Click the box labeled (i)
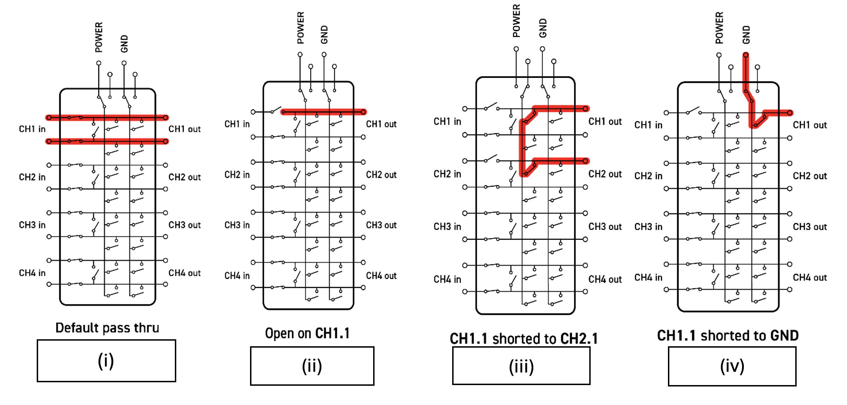106,361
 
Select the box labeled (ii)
312,366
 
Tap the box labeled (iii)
521,366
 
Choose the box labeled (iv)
732,366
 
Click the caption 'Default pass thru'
107,328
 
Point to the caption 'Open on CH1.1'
307,333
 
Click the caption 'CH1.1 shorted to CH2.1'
524,338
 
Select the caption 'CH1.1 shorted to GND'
728,335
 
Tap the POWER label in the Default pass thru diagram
99,37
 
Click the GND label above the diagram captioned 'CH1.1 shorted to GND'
746,35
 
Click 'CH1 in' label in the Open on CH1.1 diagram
237,124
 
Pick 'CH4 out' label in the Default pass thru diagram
185,273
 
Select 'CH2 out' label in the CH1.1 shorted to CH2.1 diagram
605,174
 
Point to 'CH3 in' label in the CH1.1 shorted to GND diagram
648,227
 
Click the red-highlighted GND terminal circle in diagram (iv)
746,55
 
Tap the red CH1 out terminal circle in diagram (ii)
363,112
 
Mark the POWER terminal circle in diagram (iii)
516,49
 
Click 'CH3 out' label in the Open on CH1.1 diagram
381,225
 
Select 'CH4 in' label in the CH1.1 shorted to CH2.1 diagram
447,279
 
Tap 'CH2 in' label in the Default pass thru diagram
32,177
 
